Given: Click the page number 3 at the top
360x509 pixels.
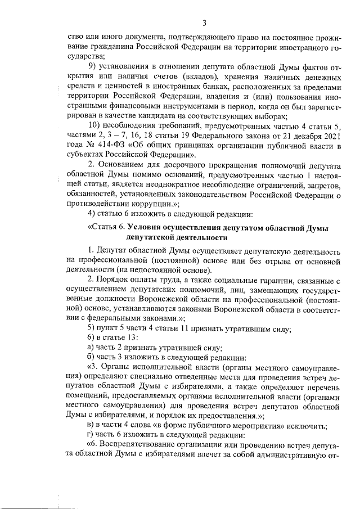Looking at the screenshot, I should (x=205, y=22).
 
